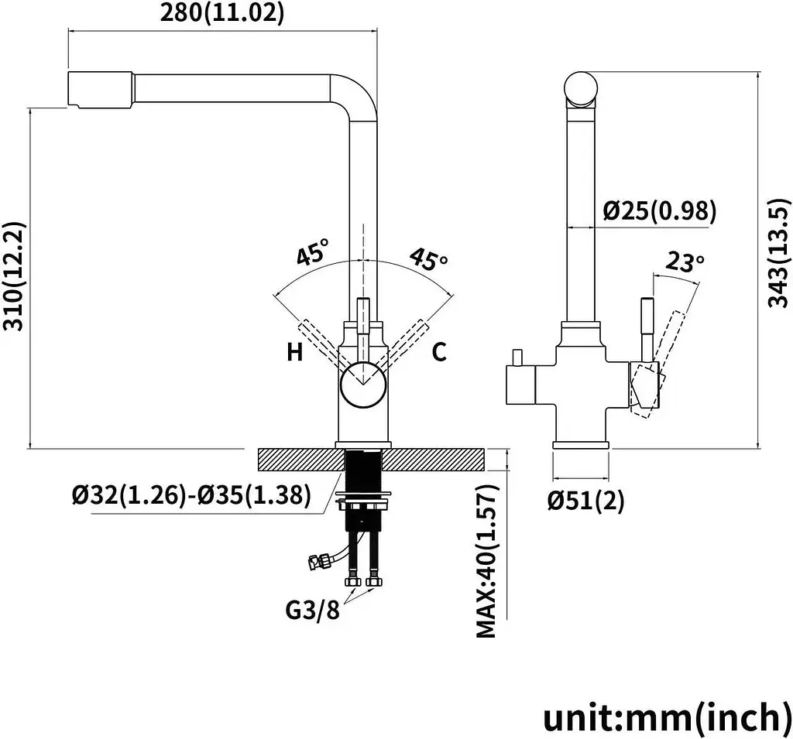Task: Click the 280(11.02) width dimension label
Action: coord(222,12)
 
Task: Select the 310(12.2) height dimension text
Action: coord(14,276)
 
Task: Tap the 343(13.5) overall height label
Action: coord(779,252)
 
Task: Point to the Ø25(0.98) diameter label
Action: coord(660,210)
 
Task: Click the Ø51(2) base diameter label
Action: coord(586,500)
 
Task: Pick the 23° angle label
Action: coord(685,262)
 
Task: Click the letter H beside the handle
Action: coord(295,351)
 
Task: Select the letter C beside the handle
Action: coord(439,351)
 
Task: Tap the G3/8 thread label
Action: coord(313,610)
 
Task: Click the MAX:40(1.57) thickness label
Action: coord(487,560)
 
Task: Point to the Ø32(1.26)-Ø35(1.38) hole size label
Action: coord(191,495)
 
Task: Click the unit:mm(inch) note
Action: coord(667,717)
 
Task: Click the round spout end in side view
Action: coord(581,88)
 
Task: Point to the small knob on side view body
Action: coord(517,358)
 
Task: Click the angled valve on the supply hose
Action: coord(318,560)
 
